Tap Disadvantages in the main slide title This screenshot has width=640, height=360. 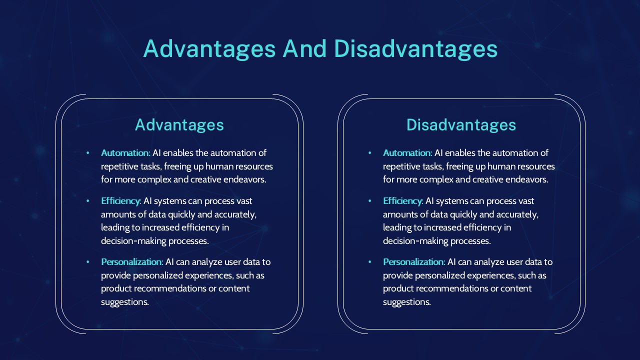(x=415, y=49)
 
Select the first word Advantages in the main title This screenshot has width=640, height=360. (x=209, y=49)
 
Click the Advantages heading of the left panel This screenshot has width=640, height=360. (x=179, y=125)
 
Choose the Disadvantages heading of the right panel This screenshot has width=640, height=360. (x=461, y=125)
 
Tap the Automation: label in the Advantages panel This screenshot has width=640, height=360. (x=125, y=153)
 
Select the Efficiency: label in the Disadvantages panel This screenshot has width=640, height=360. (x=403, y=201)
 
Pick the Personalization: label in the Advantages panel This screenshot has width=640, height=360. (x=132, y=262)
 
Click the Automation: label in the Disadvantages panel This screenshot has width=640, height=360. (x=407, y=153)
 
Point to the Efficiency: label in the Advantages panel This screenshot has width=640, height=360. (x=121, y=201)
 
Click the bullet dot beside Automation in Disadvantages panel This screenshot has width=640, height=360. (x=369, y=153)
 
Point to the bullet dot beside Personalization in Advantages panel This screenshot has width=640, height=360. (x=87, y=262)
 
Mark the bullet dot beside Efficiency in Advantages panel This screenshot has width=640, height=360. (x=87, y=201)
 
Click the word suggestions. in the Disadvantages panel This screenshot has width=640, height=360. (x=407, y=302)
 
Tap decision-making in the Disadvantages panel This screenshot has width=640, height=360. (x=415, y=241)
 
